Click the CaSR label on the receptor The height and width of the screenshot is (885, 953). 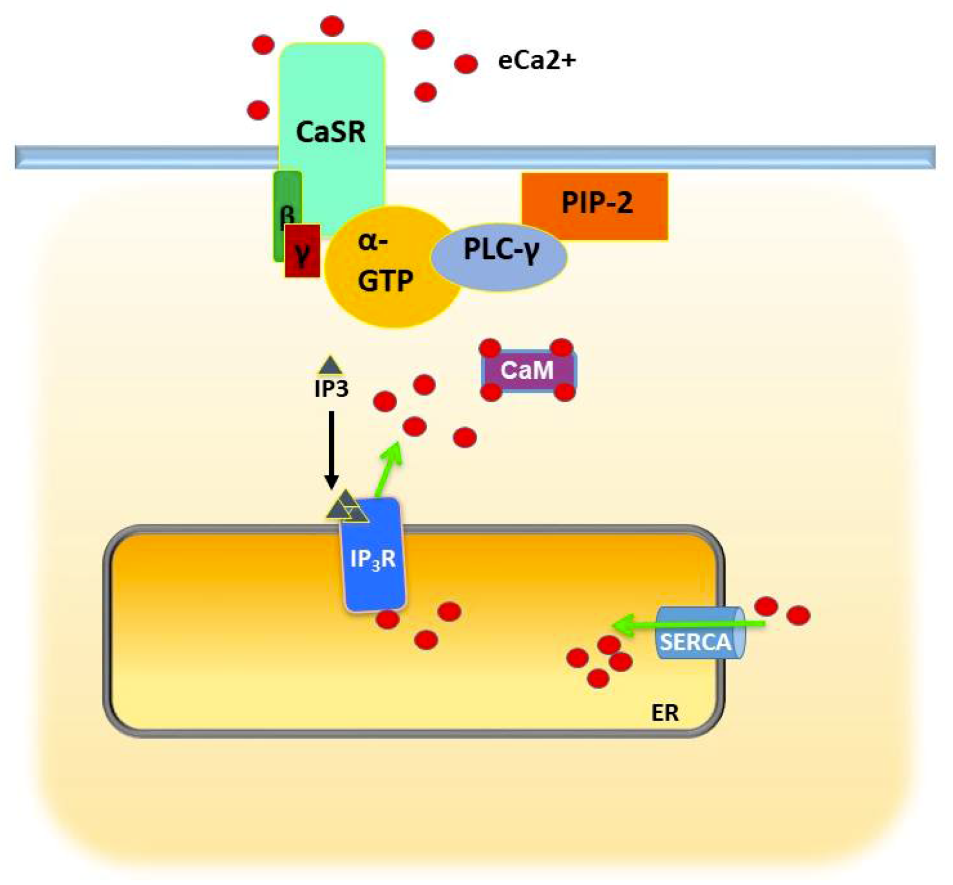pos(330,132)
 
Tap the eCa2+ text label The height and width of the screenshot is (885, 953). pos(536,61)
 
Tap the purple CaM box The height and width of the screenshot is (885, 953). pos(527,370)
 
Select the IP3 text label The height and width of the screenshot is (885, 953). pos(331,389)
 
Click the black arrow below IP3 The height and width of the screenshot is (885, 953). pos(331,448)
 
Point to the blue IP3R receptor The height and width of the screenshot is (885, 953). pos(374,558)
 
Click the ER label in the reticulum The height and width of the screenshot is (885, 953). pos(665,713)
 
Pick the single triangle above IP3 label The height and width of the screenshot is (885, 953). pos(330,366)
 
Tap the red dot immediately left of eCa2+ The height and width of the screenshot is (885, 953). pos(466,64)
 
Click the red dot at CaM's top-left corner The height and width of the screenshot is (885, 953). pos(490,348)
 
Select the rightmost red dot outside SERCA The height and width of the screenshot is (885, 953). pos(798,615)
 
